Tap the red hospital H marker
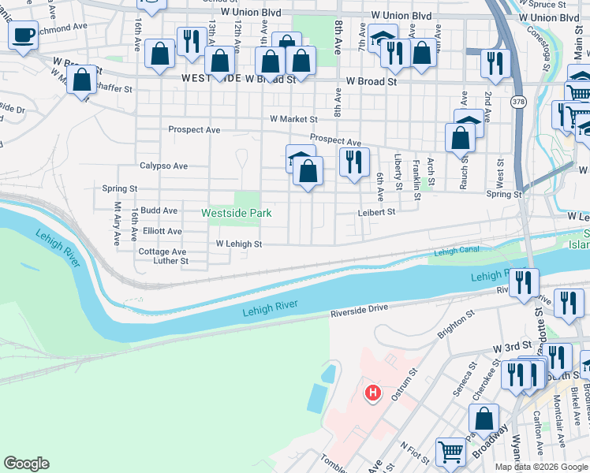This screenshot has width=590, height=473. click(372, 392)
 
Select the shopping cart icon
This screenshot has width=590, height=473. click(450, 453)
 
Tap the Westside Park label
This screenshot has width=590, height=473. click(236, 213)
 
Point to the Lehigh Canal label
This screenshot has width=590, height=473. click(456, 251)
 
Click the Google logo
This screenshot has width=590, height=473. click(26, 464)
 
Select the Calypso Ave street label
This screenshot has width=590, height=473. click(163, 166)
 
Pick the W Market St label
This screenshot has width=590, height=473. click(293, 119)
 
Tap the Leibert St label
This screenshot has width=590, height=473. click(375, 211)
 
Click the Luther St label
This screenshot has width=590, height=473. click(170, 261)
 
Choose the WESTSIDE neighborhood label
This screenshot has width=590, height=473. click(207, 79)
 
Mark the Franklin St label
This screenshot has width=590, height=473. click(416, 180)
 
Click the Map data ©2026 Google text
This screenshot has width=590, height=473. click(540, 467)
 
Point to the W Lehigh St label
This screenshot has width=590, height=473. click(239, 244)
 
